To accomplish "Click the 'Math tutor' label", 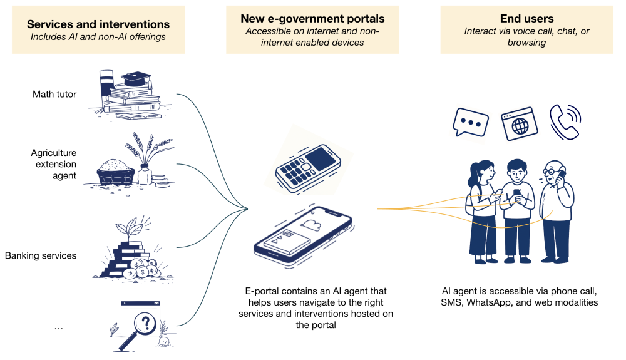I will (54, 95).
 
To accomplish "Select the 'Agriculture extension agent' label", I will (54, 164).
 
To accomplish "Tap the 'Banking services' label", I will (41, 255).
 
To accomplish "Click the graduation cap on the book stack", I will (136, 80).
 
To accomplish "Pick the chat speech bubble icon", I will (470, 123).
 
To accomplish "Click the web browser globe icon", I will (519, 123).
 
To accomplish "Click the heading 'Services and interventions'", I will (98, 24).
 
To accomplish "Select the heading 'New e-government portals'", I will (312, 19).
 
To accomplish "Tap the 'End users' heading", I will (526, 19).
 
